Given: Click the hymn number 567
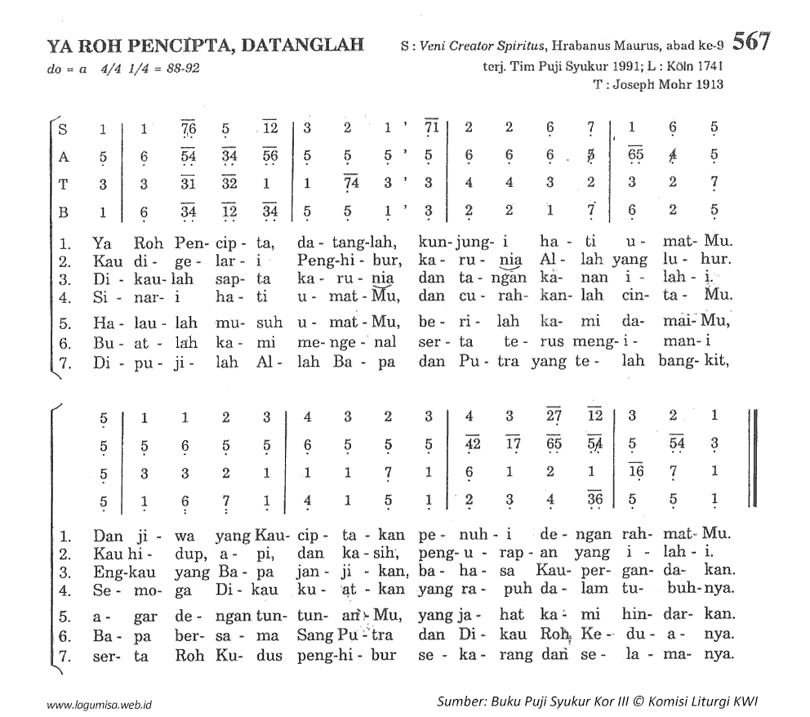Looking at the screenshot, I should click(750, 42).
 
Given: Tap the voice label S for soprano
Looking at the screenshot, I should click(64, 128).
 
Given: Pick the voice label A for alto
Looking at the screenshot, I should click(64, 156).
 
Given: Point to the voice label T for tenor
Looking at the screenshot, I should click(64, 184).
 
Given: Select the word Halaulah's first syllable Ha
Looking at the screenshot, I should click(101, 319).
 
